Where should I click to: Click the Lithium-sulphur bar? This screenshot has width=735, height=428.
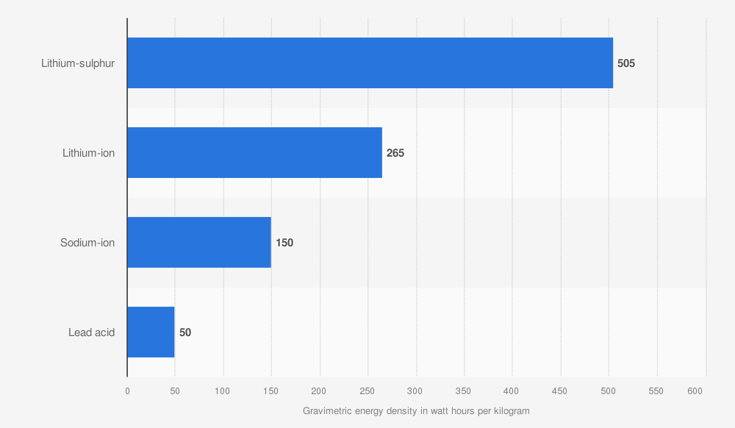pyautogui.click(x=370, y=63)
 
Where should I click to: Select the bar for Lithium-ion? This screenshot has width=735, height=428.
pyautogui.click(x=254, y=153)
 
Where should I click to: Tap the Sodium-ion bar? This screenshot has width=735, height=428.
pyautogui.click(x=199, y=243)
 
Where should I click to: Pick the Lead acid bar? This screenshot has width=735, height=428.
pyautogui.click(x=151, y=332)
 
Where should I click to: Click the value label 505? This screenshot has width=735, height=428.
pyautogui.click(x=626, y=63)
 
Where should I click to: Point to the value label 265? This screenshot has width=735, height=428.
pyautogui.click(x=395, y=153)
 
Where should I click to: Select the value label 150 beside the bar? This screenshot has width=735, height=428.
pyautogui.click(x=284, y=243)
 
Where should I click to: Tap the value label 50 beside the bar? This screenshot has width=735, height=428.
pyautogui.click(x=185, y=332)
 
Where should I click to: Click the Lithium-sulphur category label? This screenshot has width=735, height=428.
pyautogui.click(x=78, y=63)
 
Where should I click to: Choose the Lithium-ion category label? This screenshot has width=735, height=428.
pyautogui.click(x=88, y=153)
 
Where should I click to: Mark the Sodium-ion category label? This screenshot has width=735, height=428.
pyautogui.click(x=87, y=243)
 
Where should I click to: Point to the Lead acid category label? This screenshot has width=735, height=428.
pyautogui.click(x=92, y=332)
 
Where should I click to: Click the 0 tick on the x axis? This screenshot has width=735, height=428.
pyautogui.click(x=127, y=391)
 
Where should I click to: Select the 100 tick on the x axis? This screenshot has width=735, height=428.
pyautogui.click(x=223, y=391)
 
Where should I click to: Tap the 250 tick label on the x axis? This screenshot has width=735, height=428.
pyautogui.click(x=367, y=391)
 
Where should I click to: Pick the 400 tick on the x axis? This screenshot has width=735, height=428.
pyautogui.click(x=512, y=391)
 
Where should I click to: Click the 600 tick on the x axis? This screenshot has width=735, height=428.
pyautogui.click(x=695, y=391)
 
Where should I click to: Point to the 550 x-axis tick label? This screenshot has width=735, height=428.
pyautogui.click(x=656, y=391)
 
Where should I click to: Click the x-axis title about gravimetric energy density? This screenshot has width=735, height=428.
pyautogui.click(x=416, y=410)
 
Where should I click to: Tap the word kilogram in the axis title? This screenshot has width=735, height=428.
pyautogui.click(x=509, y=410)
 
